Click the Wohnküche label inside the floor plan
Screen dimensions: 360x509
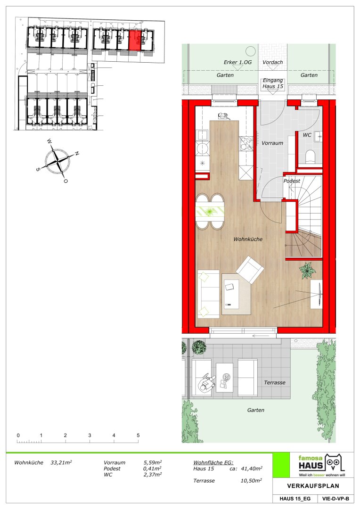point(248,239)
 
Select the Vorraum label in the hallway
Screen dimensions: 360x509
point(272,143)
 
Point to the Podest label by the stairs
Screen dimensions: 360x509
point(292,181)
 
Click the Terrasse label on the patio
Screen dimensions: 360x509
point(275,382)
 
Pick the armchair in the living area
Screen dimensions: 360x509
point(250,270)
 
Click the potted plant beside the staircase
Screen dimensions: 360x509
point(307,271)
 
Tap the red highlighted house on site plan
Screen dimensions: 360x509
point(135,41)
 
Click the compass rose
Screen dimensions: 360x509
point(57,160)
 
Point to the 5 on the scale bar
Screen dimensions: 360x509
point(138,435)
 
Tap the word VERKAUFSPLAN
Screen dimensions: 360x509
point(313,486)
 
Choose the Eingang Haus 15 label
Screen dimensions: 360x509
point(273,83)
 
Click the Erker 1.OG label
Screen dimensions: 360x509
point(237,62)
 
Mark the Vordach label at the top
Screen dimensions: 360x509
point(273,62)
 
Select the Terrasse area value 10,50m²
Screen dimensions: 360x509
point(251,480)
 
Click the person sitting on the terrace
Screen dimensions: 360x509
point(206,382)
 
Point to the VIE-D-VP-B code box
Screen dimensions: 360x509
point(335,499)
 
